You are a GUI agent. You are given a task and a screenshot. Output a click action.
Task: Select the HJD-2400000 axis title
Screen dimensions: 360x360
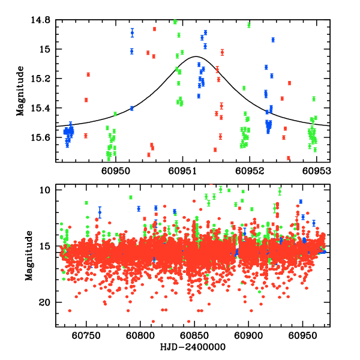tap(193, 347)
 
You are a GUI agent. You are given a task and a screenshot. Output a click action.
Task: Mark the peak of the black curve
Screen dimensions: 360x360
tap(196, 56)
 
